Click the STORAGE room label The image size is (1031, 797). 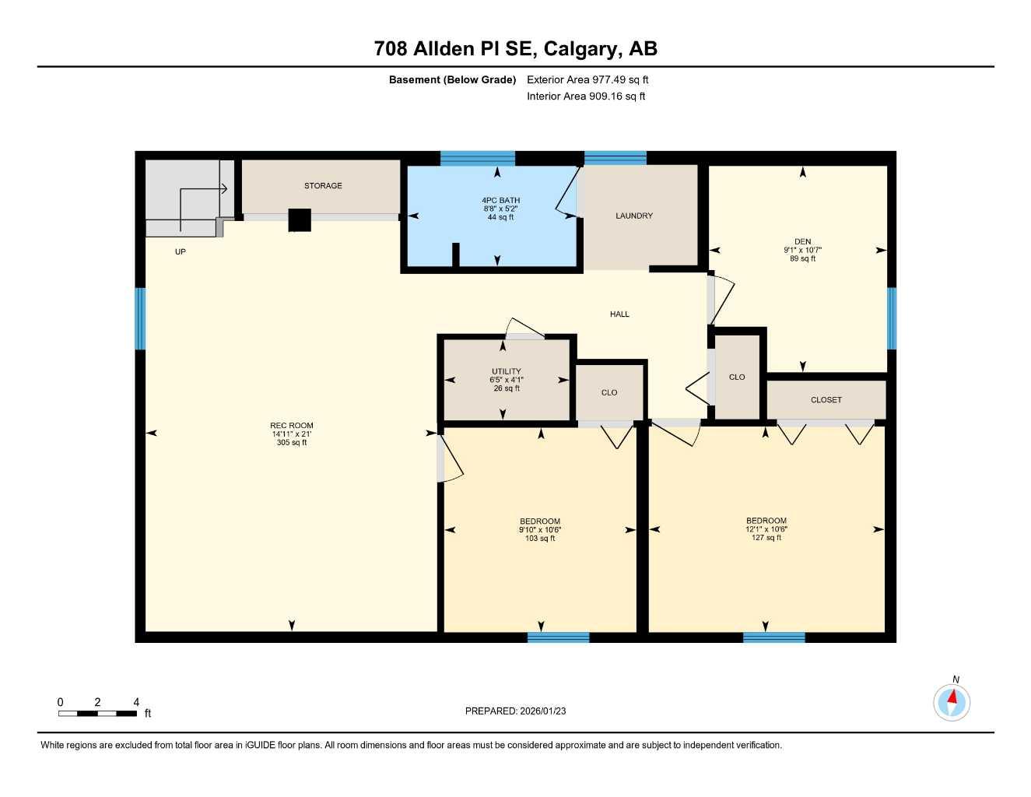pos(323,186)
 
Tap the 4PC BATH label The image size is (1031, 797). pos(500,201)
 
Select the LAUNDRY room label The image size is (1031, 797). pos(634,216)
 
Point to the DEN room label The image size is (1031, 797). pos(802,241)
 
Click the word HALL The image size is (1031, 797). pos(619,314)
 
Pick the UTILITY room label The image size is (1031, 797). pos(507,371)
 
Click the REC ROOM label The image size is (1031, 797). pos(292,426)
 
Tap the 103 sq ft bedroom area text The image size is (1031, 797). pos(540,539)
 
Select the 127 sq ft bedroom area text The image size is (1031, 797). pos(766,538)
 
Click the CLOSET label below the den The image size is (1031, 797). pos(826,400)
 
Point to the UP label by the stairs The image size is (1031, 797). pos(181,252)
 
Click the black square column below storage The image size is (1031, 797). pos(300,220)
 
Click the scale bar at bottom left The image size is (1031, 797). pos(98,713)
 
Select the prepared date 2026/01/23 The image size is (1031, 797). pos(515,711)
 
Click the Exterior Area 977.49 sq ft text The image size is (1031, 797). pos(587,79)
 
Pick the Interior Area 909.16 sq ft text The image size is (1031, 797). pos(586,97)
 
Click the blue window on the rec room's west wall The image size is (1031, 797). pos(141,319)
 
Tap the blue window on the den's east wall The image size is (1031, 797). pos(892,318)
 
